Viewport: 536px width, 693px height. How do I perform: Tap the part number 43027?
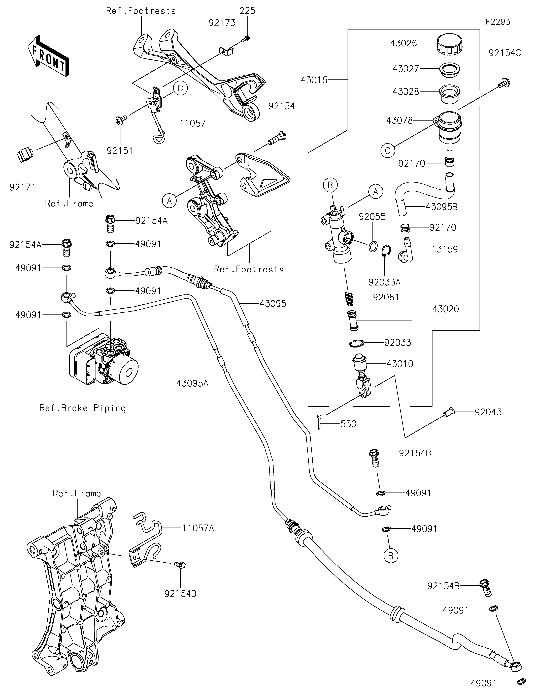406,69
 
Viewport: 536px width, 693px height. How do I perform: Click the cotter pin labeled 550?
320,422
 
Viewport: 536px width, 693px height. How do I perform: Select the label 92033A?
384,282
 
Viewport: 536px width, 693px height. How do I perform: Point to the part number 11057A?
198,528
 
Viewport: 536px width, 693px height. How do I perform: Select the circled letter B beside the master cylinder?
330,185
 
